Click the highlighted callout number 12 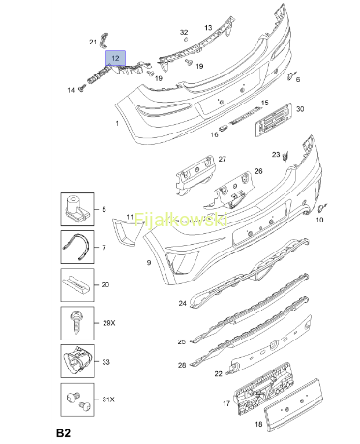coord(115,58)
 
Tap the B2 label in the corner coord(63,433)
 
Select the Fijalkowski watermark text coord(181,221)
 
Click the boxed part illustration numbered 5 coord(77,209)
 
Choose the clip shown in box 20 coord(75,284)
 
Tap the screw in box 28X coord(76,322)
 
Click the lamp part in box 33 coord(77,361)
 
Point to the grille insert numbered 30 coord(274,120)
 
